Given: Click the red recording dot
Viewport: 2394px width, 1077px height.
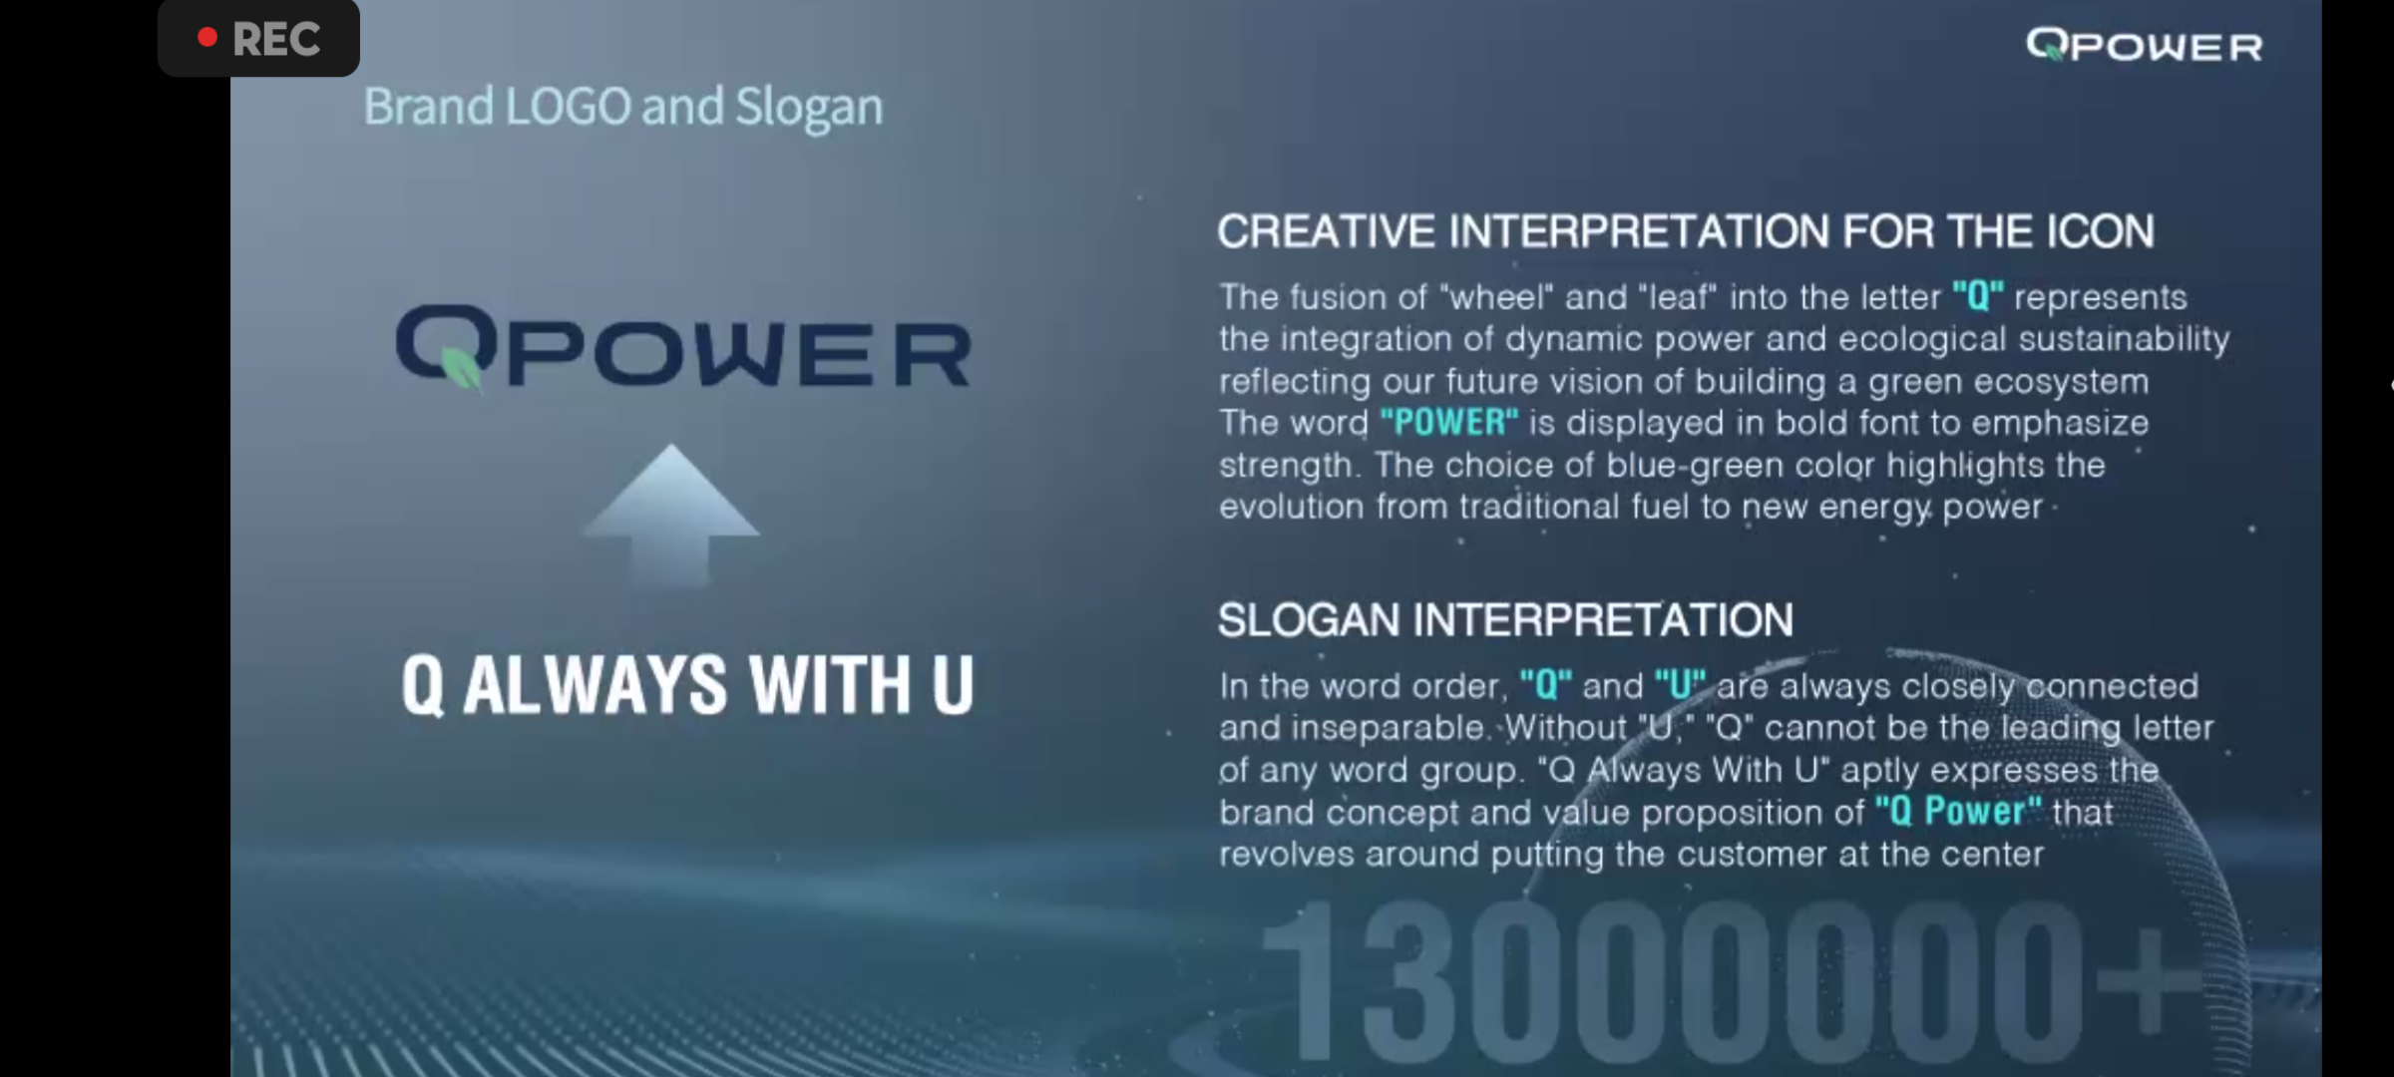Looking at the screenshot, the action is pos(207,38).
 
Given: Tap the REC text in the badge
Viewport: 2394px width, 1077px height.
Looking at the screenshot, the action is pos(276,40).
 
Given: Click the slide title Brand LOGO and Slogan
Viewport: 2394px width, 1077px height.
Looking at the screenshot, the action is pos(623,107).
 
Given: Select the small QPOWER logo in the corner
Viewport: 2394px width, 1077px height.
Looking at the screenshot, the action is pos(2144,46).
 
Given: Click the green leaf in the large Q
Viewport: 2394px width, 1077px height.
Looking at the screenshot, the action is pos(461,368).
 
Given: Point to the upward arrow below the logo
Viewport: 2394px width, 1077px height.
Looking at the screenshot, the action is pos(671,514).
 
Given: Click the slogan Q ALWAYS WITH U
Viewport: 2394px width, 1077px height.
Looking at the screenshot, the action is pos(687,685).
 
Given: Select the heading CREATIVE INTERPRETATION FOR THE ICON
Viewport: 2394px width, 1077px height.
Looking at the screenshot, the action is pos(1685,231).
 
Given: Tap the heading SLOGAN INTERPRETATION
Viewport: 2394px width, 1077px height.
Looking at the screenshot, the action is pos(1505,620).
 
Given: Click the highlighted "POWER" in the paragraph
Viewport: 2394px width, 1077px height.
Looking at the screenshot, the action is pos(1449,423).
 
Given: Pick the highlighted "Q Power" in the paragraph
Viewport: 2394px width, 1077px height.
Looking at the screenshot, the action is pos(1958,812).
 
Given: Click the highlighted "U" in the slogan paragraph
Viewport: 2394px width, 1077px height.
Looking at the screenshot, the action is pos(1680,685).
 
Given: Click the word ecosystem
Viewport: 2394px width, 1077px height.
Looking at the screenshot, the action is pos(2081,382).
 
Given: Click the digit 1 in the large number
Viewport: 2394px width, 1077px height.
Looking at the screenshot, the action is pos(1302,982).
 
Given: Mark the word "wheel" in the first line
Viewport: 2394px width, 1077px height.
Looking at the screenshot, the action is pos(1497,297).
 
